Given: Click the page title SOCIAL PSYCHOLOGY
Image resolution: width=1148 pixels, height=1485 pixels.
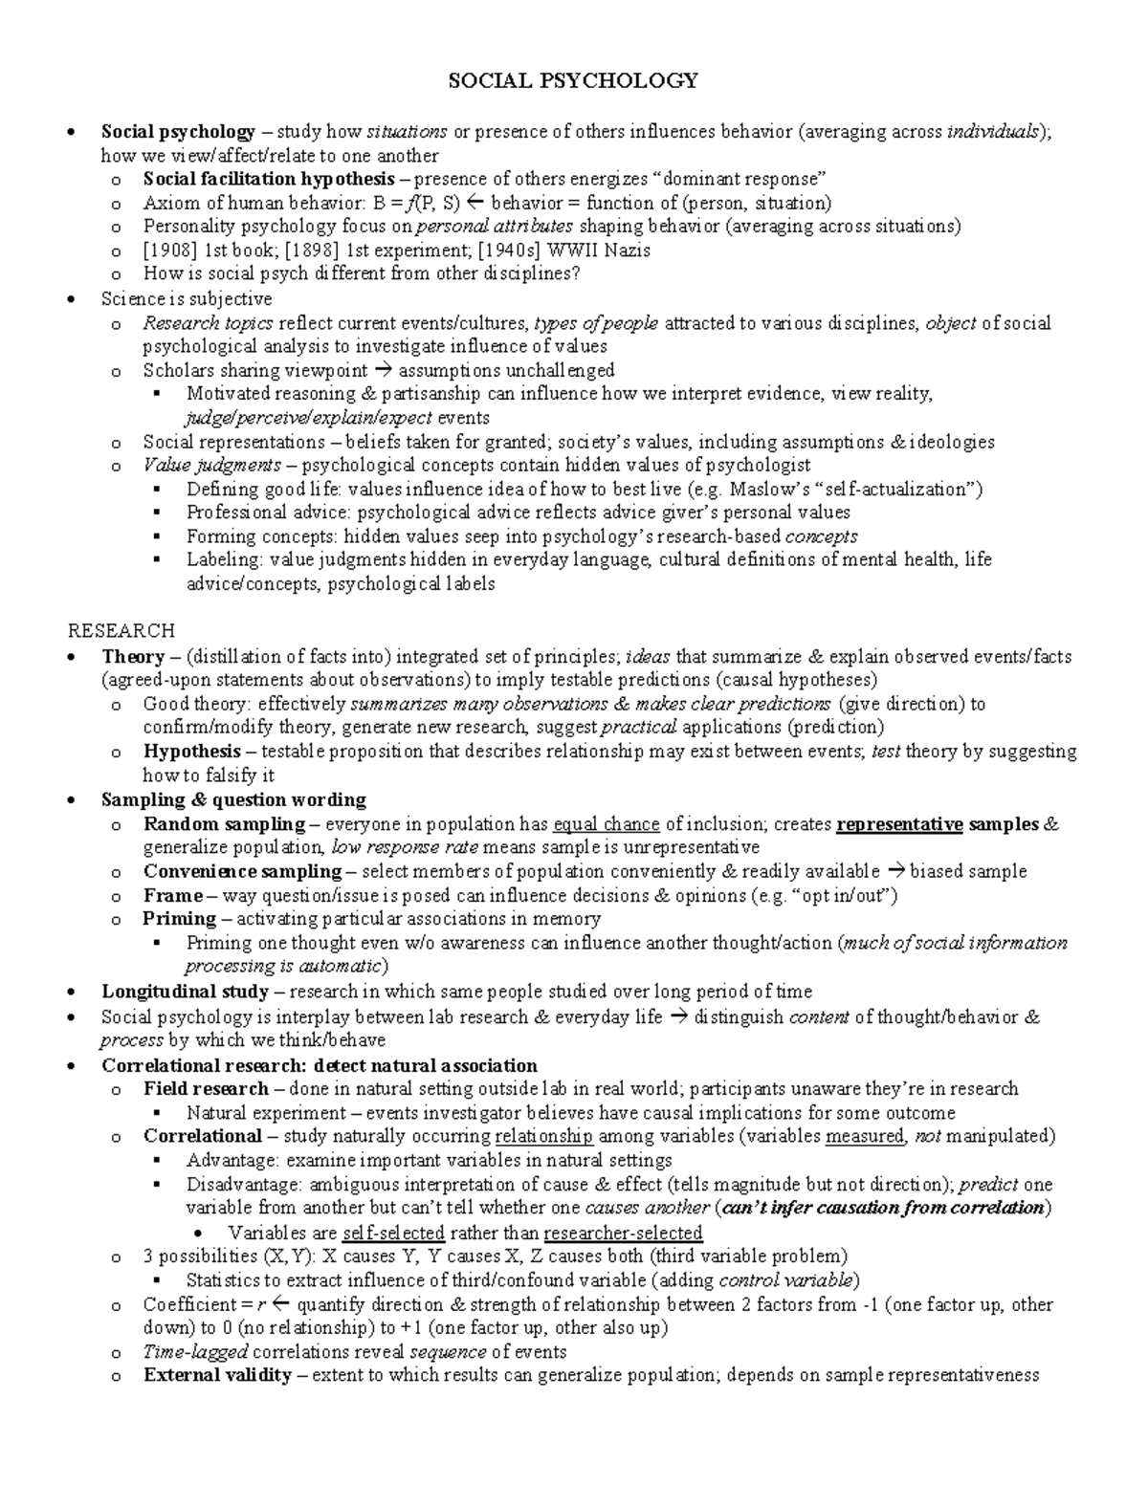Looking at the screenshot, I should coord(574,80).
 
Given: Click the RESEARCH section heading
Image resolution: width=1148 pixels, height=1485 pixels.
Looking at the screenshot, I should coord(121,631).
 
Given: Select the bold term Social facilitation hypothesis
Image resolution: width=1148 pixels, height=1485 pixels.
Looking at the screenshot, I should coord(269,179).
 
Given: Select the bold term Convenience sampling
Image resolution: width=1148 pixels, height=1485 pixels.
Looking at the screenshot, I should coord(242,871).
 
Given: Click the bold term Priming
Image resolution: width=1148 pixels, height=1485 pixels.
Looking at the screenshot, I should coord(180,919).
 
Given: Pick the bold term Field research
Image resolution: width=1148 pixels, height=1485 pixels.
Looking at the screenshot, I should coord(206,1088).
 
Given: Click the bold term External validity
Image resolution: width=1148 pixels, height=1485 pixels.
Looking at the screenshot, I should coord(217,1376).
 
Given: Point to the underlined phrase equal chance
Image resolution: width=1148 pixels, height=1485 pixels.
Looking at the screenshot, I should coord(607,824).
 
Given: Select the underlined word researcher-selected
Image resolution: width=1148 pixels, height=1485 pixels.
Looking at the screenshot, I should coord(623,1233).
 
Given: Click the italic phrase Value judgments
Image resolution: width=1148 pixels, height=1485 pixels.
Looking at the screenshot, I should coord(212,466).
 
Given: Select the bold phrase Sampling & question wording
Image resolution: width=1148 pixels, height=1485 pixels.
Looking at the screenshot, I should coord(233,799).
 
